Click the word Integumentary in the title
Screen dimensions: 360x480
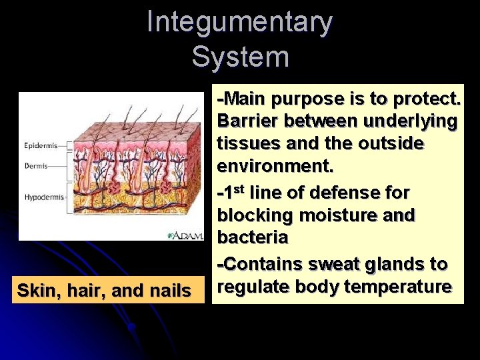pyautogui.click(x=239, y=22)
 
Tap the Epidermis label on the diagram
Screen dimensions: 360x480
pyautogui.click(x=41, y=145)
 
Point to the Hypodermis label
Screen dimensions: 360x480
pyautogui.click(x=43, y=197)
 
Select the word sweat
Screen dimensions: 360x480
pyautogui.click(x=329, y=264)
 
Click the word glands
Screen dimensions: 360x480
pyautogui.click(x=389, y=264)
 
